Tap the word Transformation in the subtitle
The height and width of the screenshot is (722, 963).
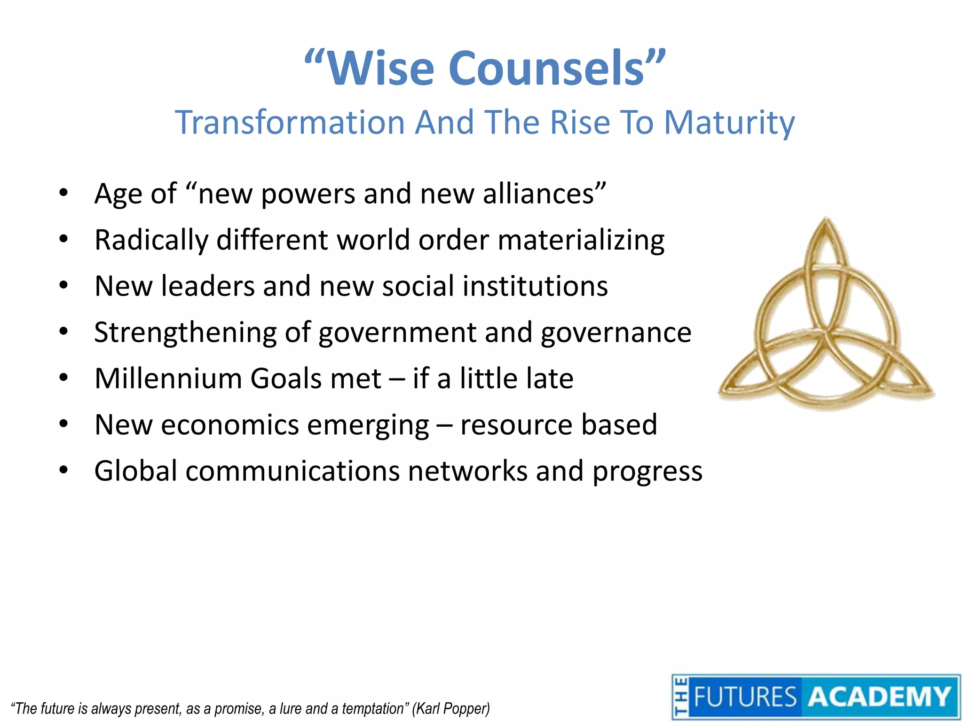tap(290, 122)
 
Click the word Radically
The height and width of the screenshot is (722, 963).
tap(151, 240)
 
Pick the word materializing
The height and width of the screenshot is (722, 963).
tap(581, 240)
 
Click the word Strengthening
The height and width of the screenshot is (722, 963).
tap(185, 333)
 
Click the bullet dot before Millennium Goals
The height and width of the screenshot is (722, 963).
tap(63, 377)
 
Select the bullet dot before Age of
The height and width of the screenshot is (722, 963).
tap(63, 192)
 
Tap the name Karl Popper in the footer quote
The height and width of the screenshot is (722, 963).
tap(451, 708)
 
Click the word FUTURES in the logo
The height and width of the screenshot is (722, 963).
tap(745, 697)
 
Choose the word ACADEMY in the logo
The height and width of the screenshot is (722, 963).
tap(879, 697)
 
